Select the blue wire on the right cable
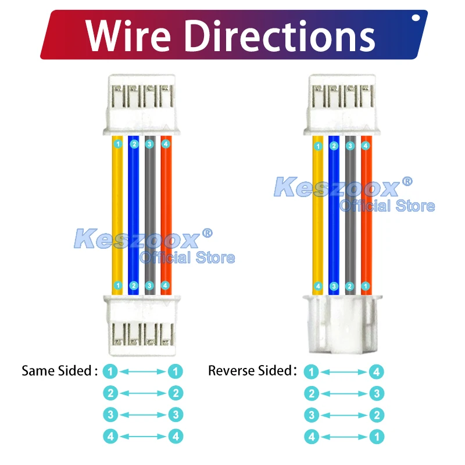tap(334, 215)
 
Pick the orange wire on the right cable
tap(366, 215)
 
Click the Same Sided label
tap(59, 371)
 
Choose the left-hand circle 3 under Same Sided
tap(110, 415)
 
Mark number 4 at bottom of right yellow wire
tap(318, 286)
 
